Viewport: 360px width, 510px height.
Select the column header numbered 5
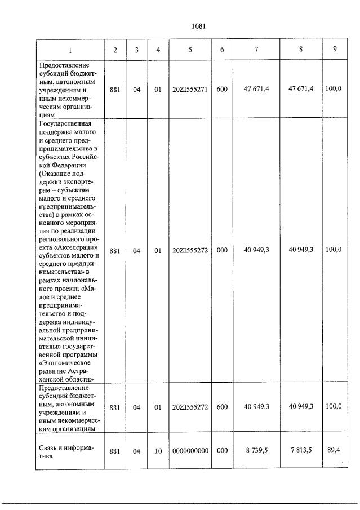(190, 50)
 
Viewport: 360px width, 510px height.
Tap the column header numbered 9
(335, 49)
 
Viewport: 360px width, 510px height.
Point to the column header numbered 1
(70, 50)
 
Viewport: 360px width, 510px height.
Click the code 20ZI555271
(190, 89)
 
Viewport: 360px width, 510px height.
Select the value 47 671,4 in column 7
(256, 89)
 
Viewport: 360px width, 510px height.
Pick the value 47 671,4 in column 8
(301, 88)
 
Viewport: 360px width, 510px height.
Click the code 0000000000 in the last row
(190, 451)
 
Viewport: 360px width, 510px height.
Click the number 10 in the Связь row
(158, 451)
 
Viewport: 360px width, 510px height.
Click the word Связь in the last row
(50, 447)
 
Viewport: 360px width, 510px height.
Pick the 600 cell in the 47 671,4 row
(222, 89)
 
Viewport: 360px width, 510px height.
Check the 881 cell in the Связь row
(115, 451)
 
